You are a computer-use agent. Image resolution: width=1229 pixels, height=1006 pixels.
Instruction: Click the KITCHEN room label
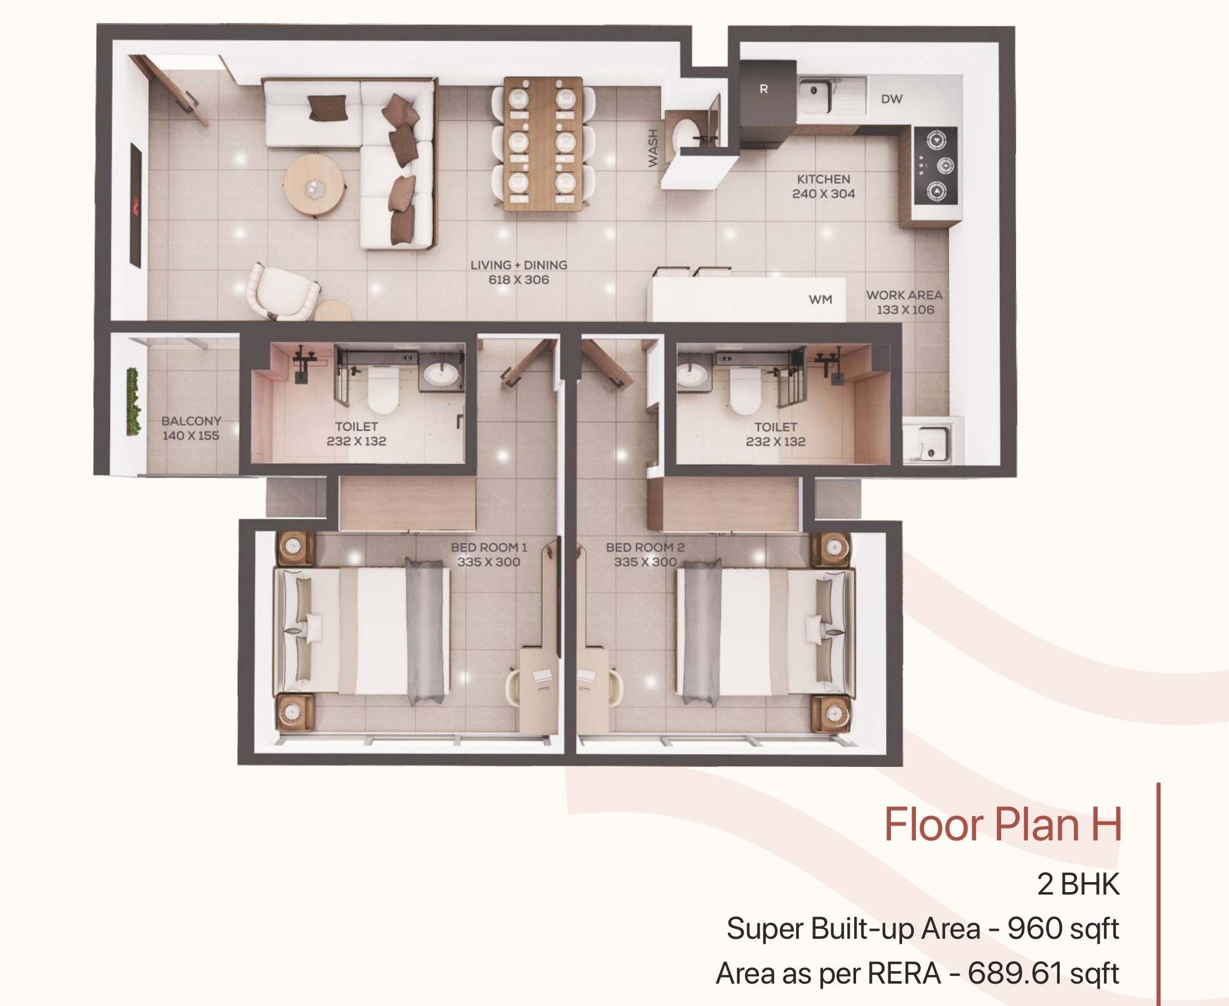point(823,179)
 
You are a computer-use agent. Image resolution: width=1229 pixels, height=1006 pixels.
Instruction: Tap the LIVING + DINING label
point(519,265)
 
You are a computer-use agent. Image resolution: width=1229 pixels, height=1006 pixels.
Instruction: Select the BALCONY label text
point(191,421)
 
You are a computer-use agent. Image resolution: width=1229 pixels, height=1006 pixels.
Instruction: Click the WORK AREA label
point(904,295)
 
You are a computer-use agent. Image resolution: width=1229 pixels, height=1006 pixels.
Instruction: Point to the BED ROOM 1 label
point(489,548)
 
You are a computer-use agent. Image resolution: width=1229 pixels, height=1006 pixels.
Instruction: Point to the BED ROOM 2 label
point(645,548)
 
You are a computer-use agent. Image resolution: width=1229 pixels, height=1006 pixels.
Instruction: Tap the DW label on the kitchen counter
point(892,99)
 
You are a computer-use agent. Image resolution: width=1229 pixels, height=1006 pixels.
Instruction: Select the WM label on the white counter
point(820,299)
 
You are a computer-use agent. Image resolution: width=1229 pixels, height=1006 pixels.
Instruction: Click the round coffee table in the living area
point(314,185)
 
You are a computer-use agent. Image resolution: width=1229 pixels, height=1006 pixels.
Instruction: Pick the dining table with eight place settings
point(544,143)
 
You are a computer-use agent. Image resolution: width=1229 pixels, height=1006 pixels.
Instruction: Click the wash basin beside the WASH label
point(686,131)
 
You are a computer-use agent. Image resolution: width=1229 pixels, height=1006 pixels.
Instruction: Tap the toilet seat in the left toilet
point(382,390)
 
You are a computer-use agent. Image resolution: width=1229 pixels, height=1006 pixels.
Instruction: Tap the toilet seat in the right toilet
point(745,390)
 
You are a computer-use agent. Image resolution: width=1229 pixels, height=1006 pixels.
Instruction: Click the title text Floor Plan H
point(1002,825)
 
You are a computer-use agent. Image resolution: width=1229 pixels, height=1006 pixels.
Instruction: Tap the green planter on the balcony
point(131,402)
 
